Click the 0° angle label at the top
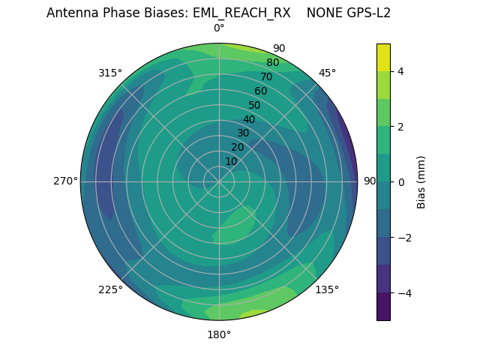click(219, 28)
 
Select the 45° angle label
click(327, 73)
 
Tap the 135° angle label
click(327, 289)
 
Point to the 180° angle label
click(219, 334)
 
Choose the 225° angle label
click(110, 289)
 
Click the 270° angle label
click(65, 181)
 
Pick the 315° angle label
click(110, 73)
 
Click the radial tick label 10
click(231, 161)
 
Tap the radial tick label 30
click(243, 133)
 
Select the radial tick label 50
click(255, 105)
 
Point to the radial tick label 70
click(267, 76)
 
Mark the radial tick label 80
click(273, 62)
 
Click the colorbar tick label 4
click(401, 71)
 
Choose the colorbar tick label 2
click(401, 127)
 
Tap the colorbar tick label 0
click(401, 182)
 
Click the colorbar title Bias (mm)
click(421, 182)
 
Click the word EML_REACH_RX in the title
click(244, 13)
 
